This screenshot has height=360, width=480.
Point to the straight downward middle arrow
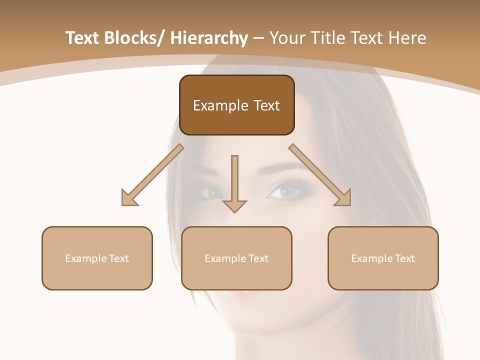point(234,180)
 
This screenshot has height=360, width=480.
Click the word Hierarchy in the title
point(209,38)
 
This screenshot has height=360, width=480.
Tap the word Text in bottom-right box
point(404,258)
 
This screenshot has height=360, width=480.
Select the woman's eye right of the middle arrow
point(286,191)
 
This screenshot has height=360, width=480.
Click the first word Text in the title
point(83,38)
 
